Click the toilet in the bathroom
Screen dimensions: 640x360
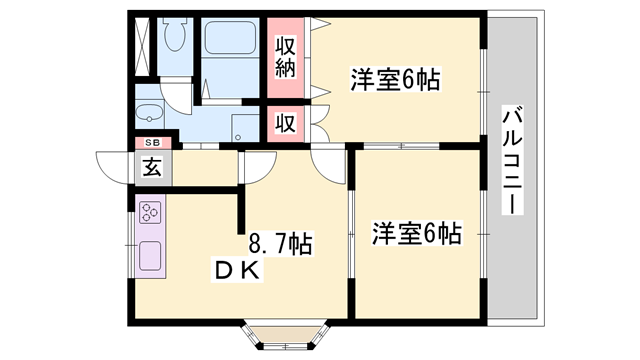coord(175,35)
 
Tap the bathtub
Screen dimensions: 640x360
coord(230,37)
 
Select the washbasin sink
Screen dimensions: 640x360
coord(149,113)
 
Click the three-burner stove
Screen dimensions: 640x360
coord(150,212)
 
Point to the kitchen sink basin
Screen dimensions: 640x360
coord(150,256)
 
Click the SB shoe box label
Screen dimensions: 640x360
coord(153,142)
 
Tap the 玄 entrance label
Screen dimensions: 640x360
coord(152,167)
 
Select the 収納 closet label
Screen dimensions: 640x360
coord(285,57)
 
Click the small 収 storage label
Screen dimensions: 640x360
coord(285,123)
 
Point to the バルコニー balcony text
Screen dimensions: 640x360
coord(512,160)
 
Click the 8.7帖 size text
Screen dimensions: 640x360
coord(280,244)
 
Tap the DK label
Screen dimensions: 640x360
coord(237,270)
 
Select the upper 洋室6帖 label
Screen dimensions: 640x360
coord(396,80)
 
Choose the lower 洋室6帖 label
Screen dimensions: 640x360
coord(417,234)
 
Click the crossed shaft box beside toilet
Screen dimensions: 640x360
coord(142,46)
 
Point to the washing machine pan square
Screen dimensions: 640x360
coord(245,128)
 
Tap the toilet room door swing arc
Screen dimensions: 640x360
coord(176,97)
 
